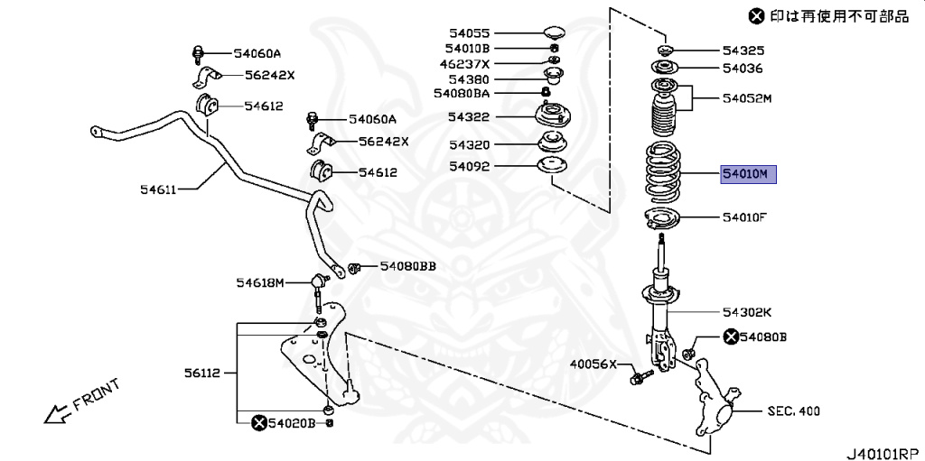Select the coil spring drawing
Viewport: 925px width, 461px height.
[x=665, y=172]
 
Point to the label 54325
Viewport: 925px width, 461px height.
[x=743, y=51]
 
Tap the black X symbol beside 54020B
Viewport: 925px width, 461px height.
[x=258, y=422]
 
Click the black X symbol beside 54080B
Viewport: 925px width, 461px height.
[x=730, y=337]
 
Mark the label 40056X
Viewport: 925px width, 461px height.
[x=592, y=364]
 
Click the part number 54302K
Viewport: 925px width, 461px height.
[x=746, y=312]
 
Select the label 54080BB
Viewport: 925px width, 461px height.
[x=407, y=266]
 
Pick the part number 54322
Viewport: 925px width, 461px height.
[x=468, y=117]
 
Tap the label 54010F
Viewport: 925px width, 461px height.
[x=744, y=217]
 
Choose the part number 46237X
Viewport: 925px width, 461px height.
[x=465, y=63]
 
